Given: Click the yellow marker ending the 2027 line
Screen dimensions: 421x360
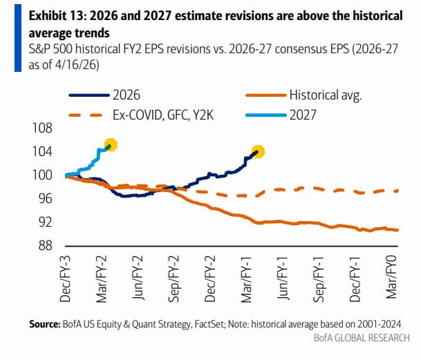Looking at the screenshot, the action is pyautogui.click(x=111, y=144).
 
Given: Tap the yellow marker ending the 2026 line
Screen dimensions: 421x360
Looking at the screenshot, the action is pyautogui.click(x=258, y=152).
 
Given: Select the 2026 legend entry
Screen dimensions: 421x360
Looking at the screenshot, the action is pyautogui.click(x=104, y=95).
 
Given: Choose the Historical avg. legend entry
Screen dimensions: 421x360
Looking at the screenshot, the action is pyautogui.click(x=303, y=95).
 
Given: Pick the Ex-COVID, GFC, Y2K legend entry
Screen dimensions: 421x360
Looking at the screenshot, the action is pyautogui.click(x=141, y=115).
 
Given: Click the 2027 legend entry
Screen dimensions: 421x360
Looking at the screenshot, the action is pyautogui.click(x=281, y=115).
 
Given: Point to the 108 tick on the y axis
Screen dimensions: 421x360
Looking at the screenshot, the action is pyautogui.click(x=42, y=128).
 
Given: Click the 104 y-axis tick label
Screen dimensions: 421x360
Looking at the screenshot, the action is pyautogui.click(x=42, y=152).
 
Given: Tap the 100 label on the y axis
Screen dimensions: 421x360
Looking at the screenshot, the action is pyautogui.click(x=42, y=176).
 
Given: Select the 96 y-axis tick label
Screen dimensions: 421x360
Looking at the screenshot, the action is pyautogui.click(x=45, y=199).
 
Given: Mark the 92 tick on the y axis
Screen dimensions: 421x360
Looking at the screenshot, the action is pyautogui.click(x=45, y=222).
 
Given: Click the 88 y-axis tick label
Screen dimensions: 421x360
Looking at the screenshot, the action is pyautogui.click(x=45, y=245).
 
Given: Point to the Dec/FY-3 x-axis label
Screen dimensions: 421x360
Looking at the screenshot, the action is pyautogui.click(x=65, y=279).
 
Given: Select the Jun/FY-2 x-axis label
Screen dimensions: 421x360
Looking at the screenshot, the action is pyautogui.click(x=138, y=278).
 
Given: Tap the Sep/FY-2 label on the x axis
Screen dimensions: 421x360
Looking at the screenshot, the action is pyautogui.click(x=174, y=279).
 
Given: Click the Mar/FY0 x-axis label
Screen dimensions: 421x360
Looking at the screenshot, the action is pyautogui.click(x=391, y=277).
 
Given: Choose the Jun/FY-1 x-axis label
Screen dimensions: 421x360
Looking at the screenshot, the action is pyautogui.click(x=283, y=278).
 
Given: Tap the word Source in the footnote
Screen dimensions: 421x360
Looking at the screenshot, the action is pyautogui.click(x=45, y=324).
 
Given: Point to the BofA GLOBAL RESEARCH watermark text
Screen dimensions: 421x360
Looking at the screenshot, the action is pyautogui.click(x=362, y=338).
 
